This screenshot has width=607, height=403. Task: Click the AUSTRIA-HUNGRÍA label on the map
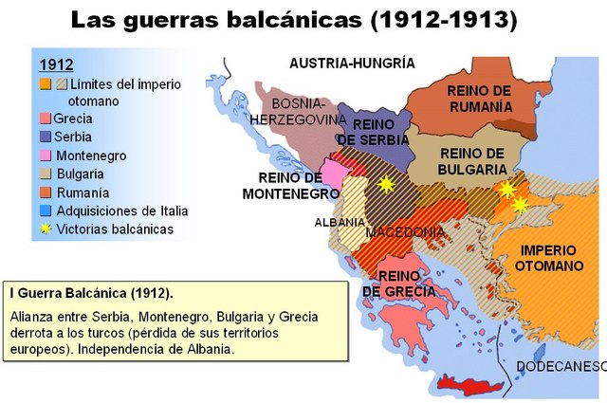[352, 64]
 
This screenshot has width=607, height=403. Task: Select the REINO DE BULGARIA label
[471, 161]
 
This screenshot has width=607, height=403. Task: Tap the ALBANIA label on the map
[339, 223]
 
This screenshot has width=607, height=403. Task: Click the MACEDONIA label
[404, 232]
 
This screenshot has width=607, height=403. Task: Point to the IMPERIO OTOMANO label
[549, 259]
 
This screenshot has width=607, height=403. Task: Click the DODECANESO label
[561, 367]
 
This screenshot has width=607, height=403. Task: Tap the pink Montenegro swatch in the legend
[46, 156]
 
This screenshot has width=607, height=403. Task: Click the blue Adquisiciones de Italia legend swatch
[46, 211]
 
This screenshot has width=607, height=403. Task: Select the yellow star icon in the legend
[46, 229]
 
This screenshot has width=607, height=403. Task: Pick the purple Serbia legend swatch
[46, 137]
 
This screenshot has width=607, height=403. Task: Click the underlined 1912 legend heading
[56, 64]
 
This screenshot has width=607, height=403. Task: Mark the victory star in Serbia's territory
[385, 184]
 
